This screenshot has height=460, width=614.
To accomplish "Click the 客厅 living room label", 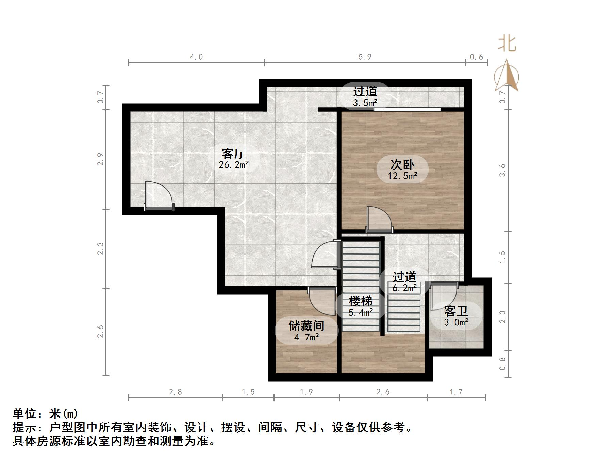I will [x=233, y=154].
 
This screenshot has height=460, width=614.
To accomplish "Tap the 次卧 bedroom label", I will [x=402, y=165].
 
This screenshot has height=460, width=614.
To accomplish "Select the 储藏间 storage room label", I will [x=306, y=326].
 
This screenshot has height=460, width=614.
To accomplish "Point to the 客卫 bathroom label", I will [x=456, y=311].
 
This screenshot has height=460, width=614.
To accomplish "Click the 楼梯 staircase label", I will [x=361, y=301].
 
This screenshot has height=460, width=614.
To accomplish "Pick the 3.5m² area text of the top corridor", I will [x=365, y=103].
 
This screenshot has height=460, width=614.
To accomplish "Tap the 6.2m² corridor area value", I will [x=404, y=288].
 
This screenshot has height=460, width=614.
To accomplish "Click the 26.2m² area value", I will [x=234, y=165].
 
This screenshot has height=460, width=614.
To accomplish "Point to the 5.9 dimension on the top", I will [x=365, y=57].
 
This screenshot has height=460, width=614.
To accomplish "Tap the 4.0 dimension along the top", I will [x=196, y=57].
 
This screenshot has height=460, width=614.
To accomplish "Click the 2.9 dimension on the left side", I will [x=100, y=159].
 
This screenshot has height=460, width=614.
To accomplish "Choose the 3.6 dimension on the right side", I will [x=503, y=170].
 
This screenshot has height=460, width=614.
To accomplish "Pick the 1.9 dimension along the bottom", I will [x=306, y=392].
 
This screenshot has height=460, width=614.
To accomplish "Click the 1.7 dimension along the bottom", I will [x=456, y=392].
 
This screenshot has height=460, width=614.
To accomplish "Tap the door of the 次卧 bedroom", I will [x=379, y=219].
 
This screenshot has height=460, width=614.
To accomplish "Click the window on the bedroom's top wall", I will [x=407, y=109].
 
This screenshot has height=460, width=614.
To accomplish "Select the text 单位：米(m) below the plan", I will [x=45, y=414].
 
